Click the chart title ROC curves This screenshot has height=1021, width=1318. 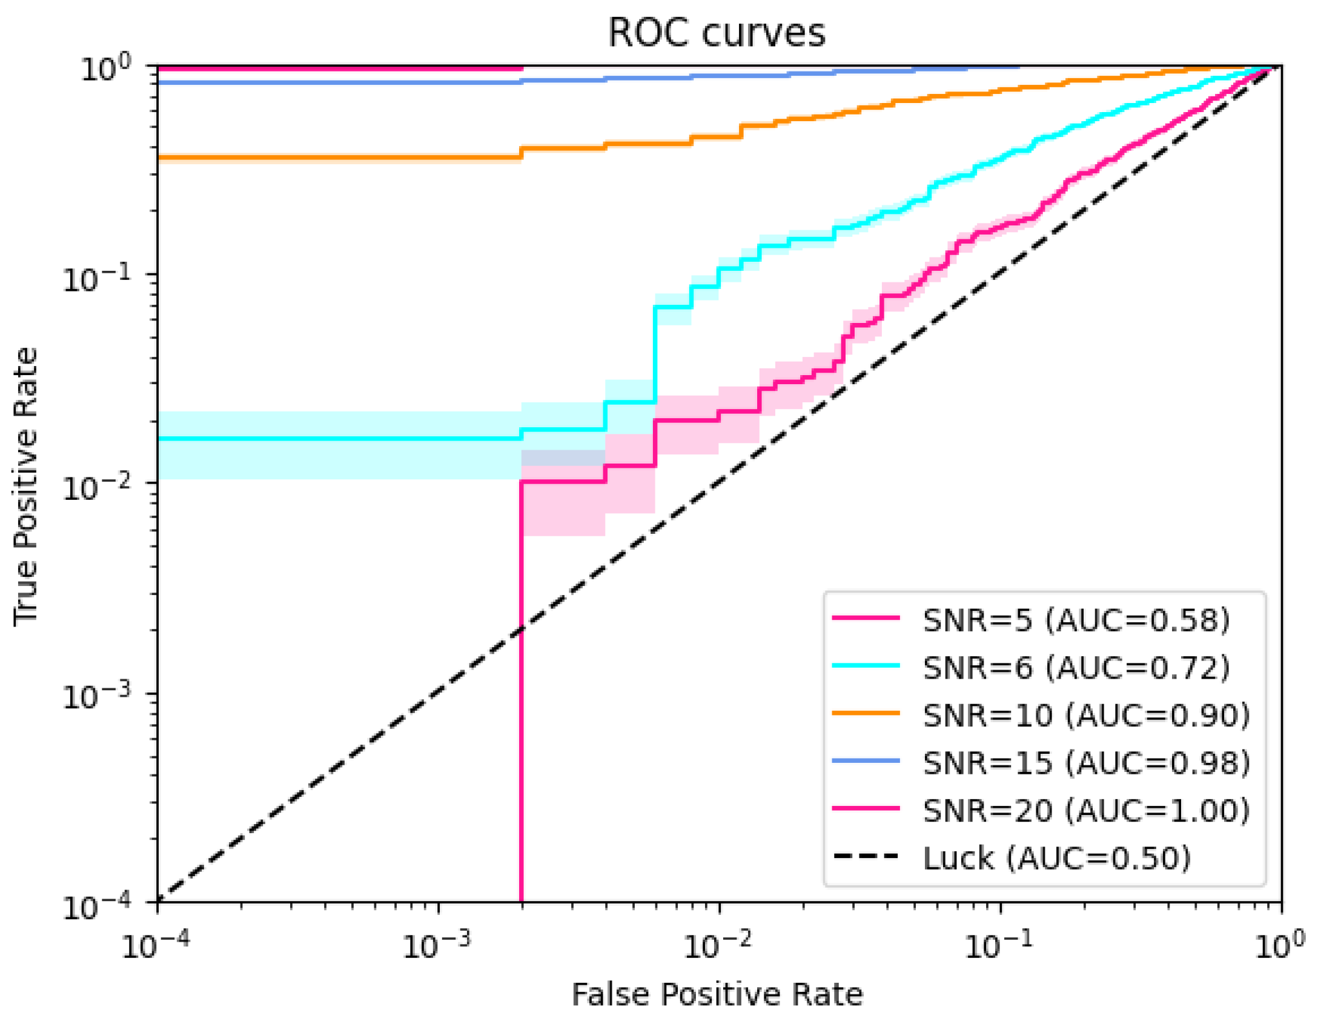(716, 33)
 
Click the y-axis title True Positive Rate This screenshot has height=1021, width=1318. (25, 486)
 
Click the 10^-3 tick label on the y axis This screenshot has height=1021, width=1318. (96, 696)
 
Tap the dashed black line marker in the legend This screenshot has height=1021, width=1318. (866, 856)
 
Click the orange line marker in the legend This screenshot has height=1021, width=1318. (866, 713)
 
